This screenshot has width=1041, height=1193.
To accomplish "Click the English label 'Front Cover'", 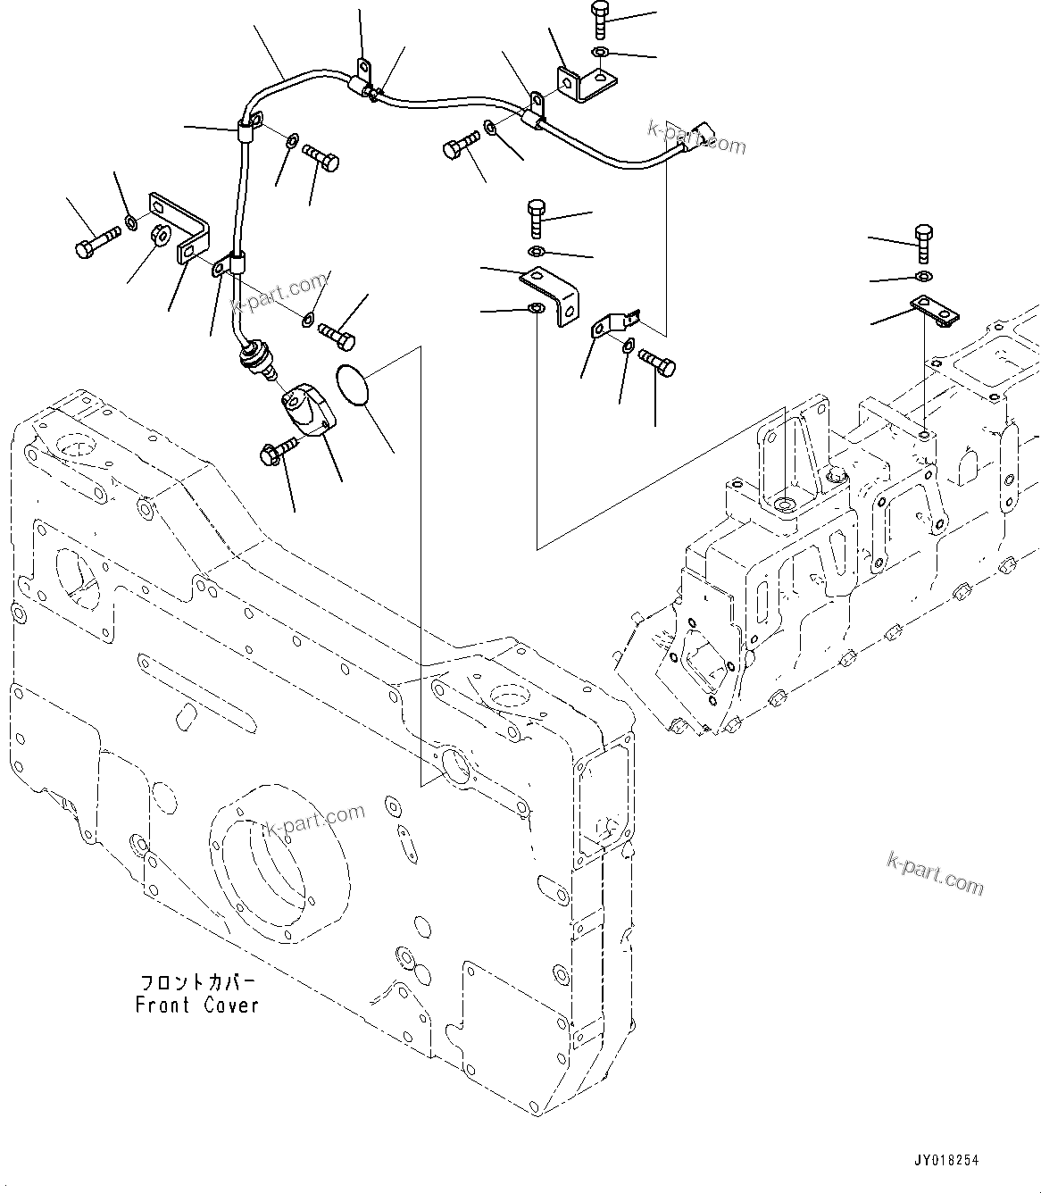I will point(197,1005).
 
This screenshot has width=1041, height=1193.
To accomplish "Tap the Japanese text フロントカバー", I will point(197,982).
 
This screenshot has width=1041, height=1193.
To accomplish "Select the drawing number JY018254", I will point(945,1160).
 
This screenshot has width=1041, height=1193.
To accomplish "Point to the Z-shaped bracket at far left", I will point(181,229).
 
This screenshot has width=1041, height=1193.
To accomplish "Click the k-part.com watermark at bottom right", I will point(935,873).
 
